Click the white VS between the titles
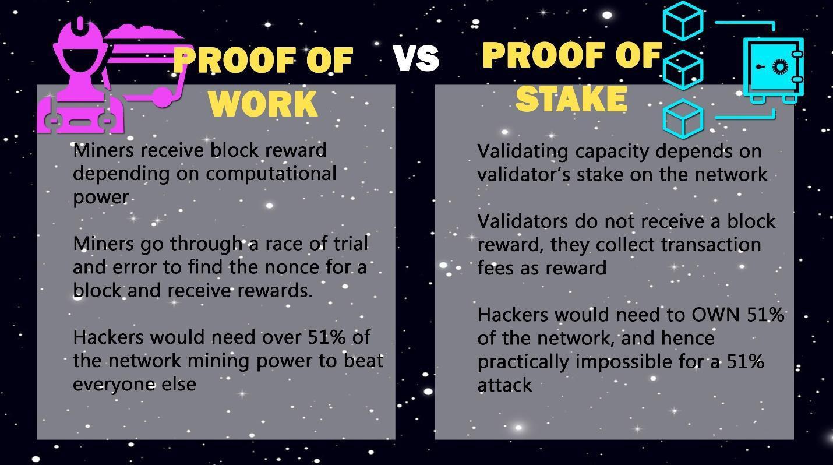pyautogui.click(x=416, y=59)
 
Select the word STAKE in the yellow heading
pyautogui.click(x=571, y=98)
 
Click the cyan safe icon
pyautogui.click(x=774, y=71)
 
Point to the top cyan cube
pyautogui.click(x=683, y=20)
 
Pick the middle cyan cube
pyautogui.click(x=683, y=70)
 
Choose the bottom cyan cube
pyautogui.click(x=683, y=119)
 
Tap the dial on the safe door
pyautogui.click(x=780, y=67)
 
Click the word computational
pyautogui.click(x=271, y=174)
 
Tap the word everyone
pyautogui.click(x=114, y=385)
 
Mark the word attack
pyautogui.click(x=504, y=385)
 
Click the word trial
pyautogui.click(x=351, y=244)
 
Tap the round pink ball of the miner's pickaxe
pyautogui.click(x=163, y=97)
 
